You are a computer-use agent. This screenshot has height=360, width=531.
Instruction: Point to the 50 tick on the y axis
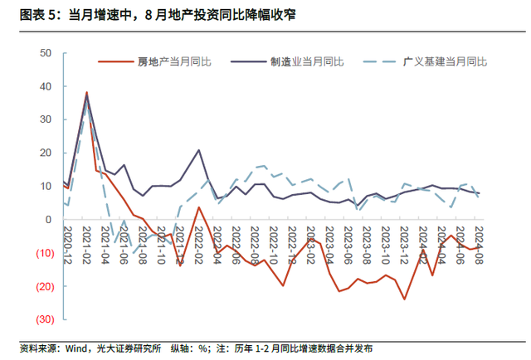click(x=46, y=52)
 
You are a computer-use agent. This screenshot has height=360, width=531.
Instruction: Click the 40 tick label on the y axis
click(x=46, y=85)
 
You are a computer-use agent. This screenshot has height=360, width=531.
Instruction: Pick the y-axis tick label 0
click(x=50, y=219)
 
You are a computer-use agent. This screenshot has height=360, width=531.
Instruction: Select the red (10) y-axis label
click(x=43, y=253)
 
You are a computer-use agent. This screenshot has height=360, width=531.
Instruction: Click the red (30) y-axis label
click(x=43, y=319)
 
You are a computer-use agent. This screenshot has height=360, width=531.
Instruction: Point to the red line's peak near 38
click(x=86, y=92)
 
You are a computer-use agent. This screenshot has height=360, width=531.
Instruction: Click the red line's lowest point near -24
click(x=405, y=299)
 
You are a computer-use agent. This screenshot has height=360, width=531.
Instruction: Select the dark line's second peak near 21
click(x=199, y=150)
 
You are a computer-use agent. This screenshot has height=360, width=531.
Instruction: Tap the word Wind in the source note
click(x=77, y=348)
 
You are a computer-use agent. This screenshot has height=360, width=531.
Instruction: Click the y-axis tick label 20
click(x=46, y=153)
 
